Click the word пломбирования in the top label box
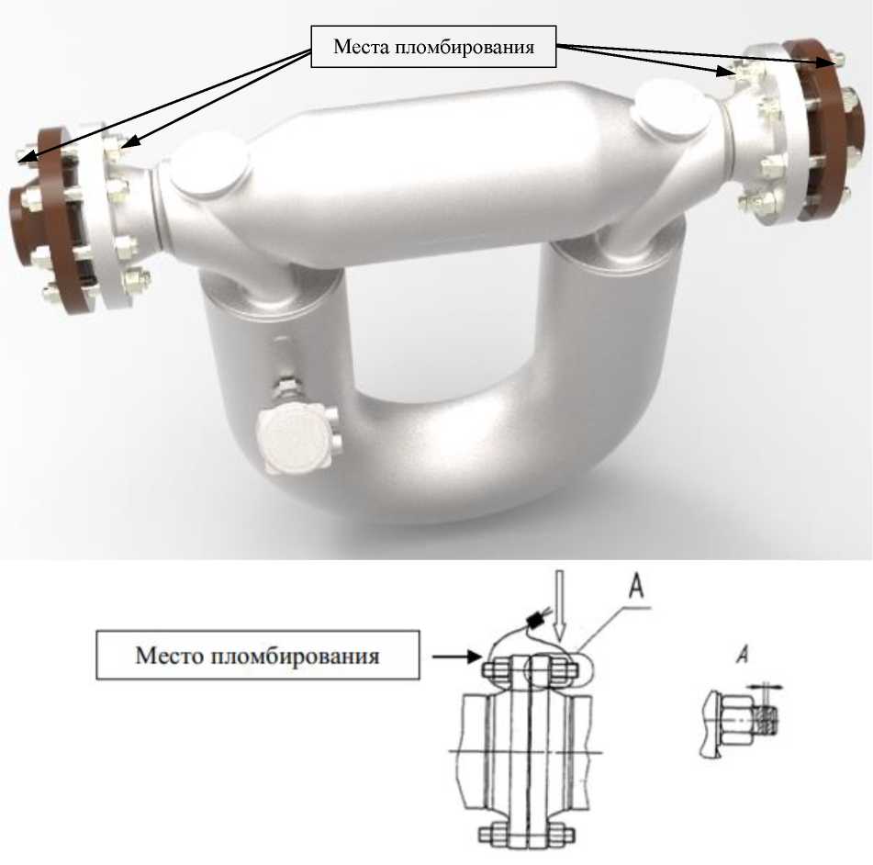click(464, 48)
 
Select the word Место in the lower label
click(171, 655)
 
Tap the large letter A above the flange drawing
click(636, 587)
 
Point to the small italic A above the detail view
click(742, 654)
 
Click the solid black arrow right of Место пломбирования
click(457, 657)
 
